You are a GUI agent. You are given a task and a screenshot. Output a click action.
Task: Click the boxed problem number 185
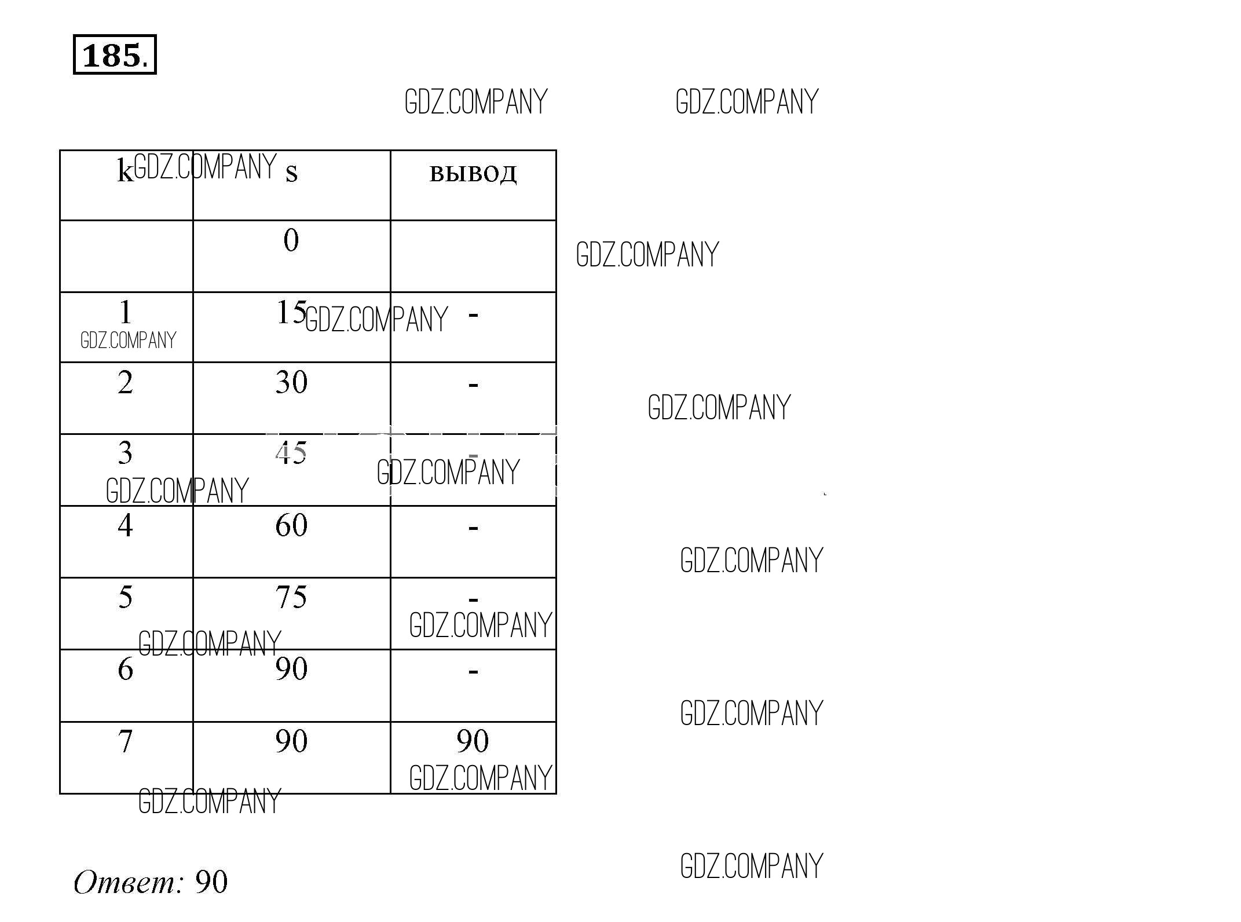pos(115,54)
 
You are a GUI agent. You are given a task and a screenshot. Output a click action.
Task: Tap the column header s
pos(291,173)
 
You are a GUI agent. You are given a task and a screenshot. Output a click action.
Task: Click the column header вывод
pos(473,174)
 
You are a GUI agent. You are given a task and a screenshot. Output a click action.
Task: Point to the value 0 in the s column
pos(291,240)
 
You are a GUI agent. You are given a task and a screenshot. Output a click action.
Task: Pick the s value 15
pos(291,312)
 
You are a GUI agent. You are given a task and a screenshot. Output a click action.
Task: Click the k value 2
pos(125,382)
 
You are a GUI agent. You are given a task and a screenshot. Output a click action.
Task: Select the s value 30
pos(291,382)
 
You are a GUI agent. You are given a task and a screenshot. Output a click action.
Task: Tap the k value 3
pos(125,453)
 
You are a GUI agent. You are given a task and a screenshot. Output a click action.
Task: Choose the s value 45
pos(291,453)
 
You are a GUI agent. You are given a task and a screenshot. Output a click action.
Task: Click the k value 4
pos(125,525)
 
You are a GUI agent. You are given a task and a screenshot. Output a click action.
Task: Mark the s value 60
pos(291,525)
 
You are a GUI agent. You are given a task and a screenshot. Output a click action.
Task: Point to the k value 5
pos(125,597)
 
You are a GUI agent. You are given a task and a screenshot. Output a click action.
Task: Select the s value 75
pos(291,597)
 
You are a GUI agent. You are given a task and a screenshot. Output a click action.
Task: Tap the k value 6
pos(125,669)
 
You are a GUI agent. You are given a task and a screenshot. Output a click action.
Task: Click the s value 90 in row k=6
pos(291,669)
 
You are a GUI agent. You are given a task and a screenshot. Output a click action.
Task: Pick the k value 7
pos(125,741)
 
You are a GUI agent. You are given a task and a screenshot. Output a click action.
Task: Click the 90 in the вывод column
pos(473,741)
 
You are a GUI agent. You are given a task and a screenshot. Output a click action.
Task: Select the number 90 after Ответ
pos(211,882)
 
